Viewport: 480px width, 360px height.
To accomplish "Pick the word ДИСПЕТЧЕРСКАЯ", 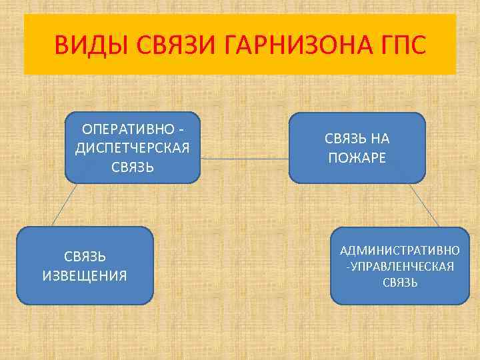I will pos(133,147).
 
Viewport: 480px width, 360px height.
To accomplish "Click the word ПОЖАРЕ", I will pos(357,157).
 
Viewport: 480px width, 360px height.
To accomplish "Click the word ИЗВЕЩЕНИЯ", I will pos(85,275).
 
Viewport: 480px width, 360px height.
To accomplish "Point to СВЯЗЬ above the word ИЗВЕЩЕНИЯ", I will pos(85,257).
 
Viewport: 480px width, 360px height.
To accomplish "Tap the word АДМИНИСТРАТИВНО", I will pos(399,251).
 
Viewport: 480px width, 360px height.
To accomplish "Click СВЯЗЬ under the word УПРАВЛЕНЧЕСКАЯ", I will pos(400,283).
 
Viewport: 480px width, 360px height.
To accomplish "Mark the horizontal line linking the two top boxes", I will pos(245,159).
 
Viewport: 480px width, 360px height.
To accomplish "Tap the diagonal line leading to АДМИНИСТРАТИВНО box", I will pos(424,204).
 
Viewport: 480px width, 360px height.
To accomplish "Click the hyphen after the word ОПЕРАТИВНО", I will pos(181,128).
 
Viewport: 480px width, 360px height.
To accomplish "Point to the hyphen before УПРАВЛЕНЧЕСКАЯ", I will pos(347,267).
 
